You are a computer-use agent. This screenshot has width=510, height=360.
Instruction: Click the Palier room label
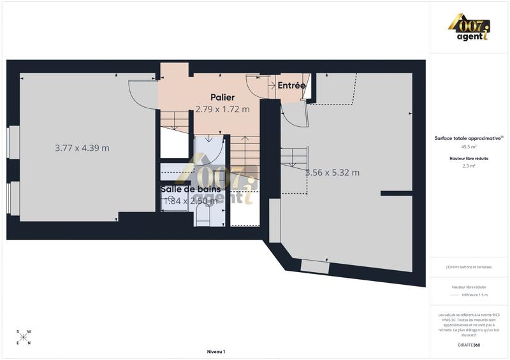tap(222, 97)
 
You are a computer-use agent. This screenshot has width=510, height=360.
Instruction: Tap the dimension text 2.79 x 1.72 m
tap(222, 109)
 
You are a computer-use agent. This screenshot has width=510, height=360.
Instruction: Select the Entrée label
tap(291, 85)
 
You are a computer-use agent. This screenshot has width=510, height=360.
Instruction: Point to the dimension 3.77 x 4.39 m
tap(82, 148)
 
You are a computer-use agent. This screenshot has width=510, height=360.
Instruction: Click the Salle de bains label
tap(191, 189)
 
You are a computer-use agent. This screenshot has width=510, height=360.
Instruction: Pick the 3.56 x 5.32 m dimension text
tap(333, 173)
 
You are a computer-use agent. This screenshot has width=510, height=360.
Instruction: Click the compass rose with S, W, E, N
tap(24, 337)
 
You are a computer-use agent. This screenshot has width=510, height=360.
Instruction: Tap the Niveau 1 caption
tap(216, 351)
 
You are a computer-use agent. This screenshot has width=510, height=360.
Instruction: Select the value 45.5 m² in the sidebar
tap(470, 146)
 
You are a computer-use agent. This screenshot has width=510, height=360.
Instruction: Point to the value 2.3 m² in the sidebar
tap(470, 165)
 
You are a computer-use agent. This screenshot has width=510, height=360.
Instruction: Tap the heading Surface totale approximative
tap(469, 138)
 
